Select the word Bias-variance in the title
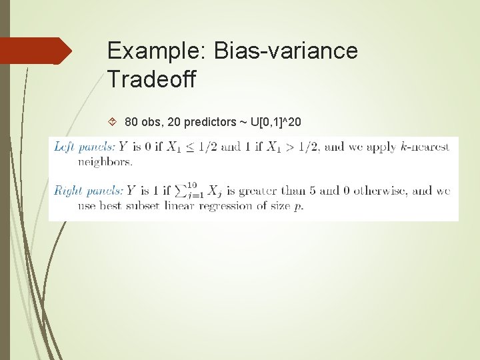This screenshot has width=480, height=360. [285, 51]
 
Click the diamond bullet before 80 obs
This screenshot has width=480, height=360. [112, 122]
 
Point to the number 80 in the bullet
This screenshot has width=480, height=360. [132, 122]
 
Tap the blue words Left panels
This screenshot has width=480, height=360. [84, 147]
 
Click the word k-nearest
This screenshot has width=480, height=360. [425, 147]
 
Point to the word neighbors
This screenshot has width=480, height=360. [105, 161]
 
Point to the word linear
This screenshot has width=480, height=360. [178, 205]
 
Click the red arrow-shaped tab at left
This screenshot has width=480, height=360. [35, 51]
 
